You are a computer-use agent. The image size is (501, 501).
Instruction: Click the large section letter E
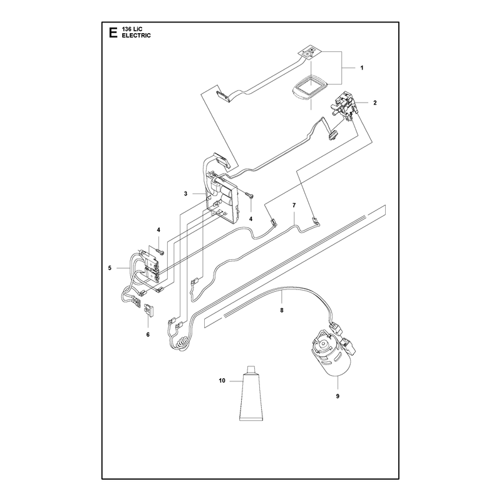click(x=113, y=33)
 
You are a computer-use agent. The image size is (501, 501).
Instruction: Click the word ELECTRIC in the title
click(x=136, y=36)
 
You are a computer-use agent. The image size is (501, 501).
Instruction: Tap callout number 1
click(x=362, y=68)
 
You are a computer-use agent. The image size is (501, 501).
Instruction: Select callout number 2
click(x=374, y=103)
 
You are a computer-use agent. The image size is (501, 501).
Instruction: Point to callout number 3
click(x=185, y=194)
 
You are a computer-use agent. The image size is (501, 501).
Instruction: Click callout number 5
click(x=110, y=268)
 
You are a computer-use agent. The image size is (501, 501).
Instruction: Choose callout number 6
click(x=148, y=334)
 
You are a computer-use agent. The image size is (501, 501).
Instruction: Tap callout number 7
click(x=294, y=205)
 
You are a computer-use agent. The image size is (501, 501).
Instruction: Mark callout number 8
click(x=281, y=310)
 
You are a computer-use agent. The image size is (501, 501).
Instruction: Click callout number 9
click(x=338, y=396)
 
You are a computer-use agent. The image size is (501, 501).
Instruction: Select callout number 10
click(x=222, y=381)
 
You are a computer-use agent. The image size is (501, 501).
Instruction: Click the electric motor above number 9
click(x=333, y=351)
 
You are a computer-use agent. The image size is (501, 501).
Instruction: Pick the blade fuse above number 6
click(x=150, y=310)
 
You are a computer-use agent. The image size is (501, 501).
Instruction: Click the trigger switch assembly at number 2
click(x=344, y=105)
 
